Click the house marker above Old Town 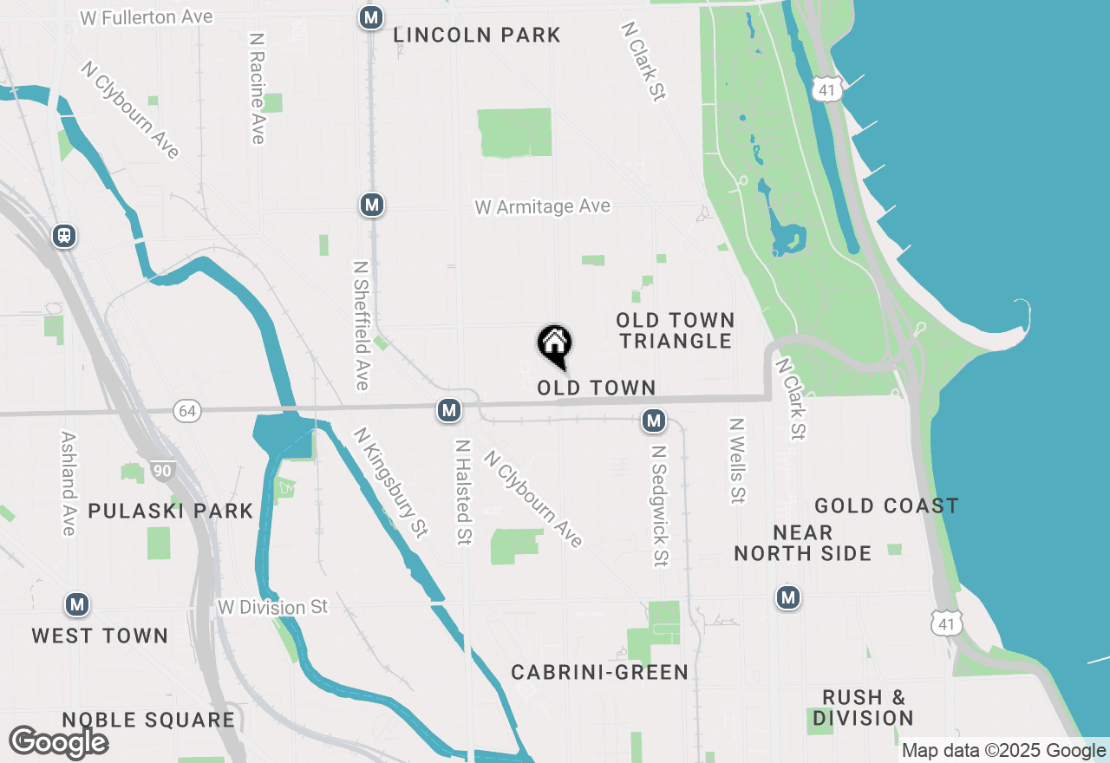click(555, 345)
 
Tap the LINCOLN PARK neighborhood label click(477, 36)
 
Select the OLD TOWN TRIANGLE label click(676, 330)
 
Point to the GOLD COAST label click(886, 505)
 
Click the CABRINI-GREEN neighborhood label click(599, 672)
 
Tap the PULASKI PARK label click(171, 511)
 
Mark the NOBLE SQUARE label click(148, 720)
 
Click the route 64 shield click(187, 410)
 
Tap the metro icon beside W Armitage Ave click(372, 205)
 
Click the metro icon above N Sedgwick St click(654, 421)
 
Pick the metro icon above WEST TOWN click(77, 604)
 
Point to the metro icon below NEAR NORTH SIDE click(788, 597)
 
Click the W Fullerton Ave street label click(146, 17)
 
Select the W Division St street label click(273, 607)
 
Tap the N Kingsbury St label click(391, 482)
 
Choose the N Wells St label click(737, 461)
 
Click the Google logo click(58, 742)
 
